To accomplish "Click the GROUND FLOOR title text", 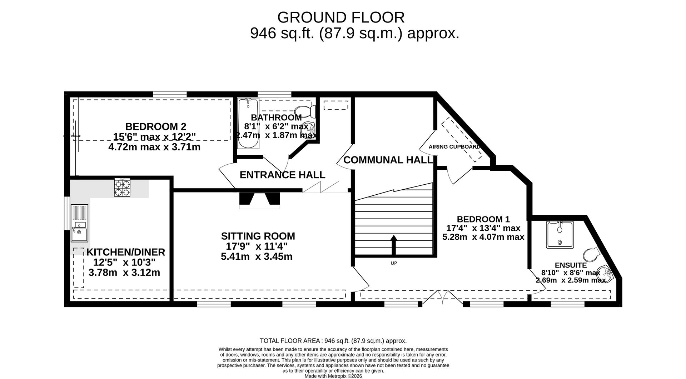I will [341, 18].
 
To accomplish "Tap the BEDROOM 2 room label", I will [155, 126].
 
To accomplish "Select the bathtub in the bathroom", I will [248, 124].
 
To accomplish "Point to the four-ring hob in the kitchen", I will [122, 188].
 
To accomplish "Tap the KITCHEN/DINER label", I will [126, 252].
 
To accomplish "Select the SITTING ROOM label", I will [258, 236].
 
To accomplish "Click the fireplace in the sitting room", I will [259, 200].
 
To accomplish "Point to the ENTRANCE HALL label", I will [282, 175].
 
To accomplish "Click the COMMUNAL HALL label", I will [388, 160].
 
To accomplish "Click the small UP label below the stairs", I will [394, 263].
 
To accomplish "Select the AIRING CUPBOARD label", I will [454, 147].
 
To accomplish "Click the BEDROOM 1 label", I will [483, 219].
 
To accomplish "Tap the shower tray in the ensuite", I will [560, 235].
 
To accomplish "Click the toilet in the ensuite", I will [592, 254].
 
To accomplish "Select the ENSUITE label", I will [571, 265].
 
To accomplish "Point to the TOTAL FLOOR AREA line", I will [333, 341].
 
